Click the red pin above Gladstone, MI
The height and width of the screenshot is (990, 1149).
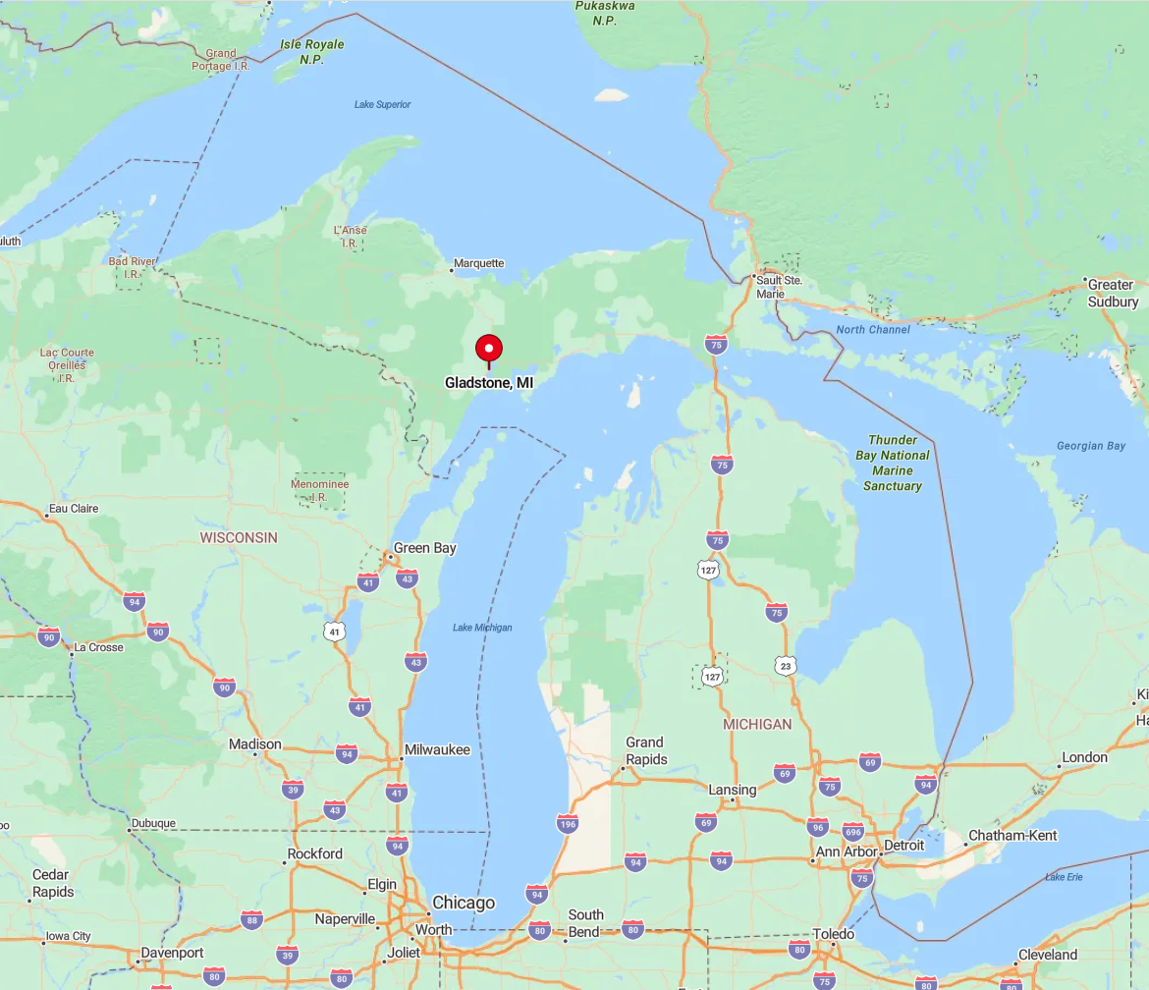489,349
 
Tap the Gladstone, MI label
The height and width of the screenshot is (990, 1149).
489,382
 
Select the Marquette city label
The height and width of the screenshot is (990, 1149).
480,263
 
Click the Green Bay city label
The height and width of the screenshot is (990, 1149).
424,548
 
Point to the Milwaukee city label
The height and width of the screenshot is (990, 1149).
437,749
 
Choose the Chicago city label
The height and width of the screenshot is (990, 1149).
464,903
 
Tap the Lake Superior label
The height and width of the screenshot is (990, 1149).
383,104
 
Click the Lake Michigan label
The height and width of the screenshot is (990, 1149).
482,628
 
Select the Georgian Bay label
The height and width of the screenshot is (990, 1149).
1090,446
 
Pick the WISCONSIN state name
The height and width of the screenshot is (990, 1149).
239,537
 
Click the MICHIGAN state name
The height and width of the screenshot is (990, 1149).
756,724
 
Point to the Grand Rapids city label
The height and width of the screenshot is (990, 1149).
645,750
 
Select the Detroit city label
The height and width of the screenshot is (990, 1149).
903,845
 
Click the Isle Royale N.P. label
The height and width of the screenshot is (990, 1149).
311,52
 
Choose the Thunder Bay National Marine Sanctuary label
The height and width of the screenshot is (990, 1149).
893,463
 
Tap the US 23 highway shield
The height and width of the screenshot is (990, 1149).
785,666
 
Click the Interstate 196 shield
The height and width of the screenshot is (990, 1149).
567,823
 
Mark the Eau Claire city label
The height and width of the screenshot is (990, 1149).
73,509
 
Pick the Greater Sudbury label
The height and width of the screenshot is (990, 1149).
1112,293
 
